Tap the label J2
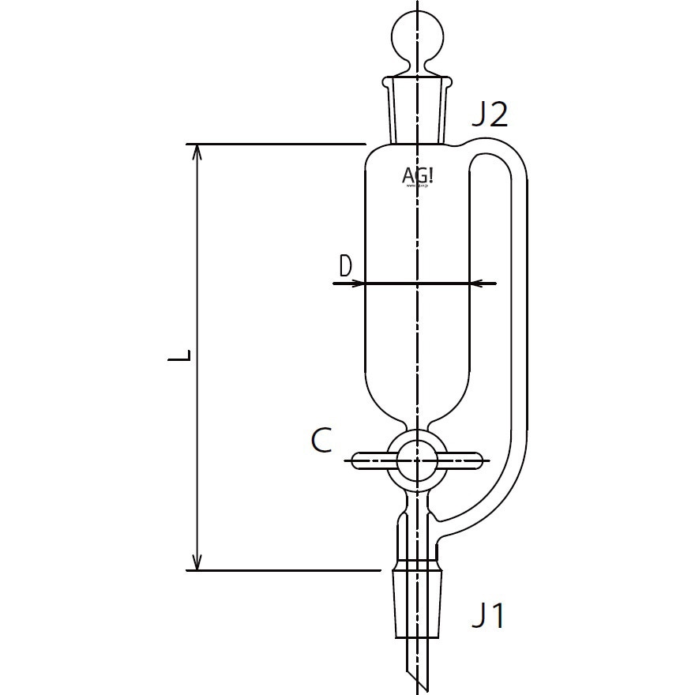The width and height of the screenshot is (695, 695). (488, 115)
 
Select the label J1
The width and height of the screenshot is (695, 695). (487, 615)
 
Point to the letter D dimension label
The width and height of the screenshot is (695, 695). (345, 267)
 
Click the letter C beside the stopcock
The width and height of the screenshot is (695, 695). (321, 441)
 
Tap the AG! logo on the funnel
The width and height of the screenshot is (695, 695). (418, 175)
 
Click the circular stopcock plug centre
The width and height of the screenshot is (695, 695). (417, 460)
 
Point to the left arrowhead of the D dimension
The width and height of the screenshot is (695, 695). (356, 283)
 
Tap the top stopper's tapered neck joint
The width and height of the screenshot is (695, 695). (418, 111)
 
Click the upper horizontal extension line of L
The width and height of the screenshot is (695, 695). (276, 145)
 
